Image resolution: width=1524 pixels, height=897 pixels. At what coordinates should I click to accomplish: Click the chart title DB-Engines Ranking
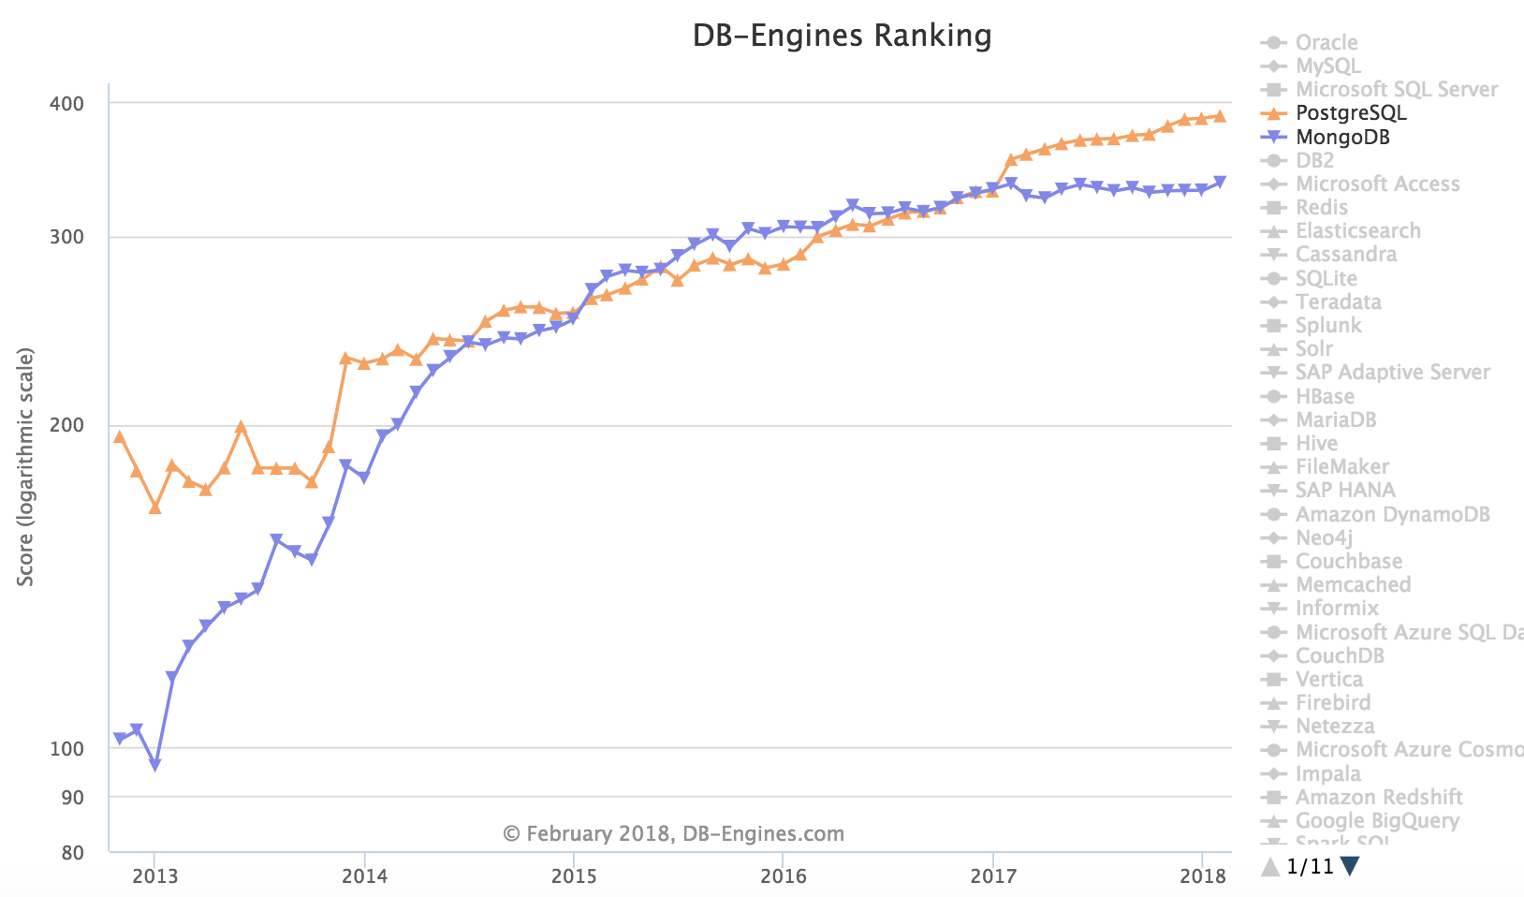[x=842, y=36]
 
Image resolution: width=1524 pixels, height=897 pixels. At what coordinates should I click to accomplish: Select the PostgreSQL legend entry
[x=1350, y=113]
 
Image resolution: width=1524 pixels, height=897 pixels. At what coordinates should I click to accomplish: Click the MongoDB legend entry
[x=1342, y=138]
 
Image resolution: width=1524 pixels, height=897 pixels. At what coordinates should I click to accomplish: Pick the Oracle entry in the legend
[x=1326, y=43]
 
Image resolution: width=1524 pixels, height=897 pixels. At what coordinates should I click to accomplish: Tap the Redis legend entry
[x=1321, y=208]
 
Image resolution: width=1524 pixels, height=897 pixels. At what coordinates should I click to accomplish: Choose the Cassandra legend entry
[x=1345, y=255]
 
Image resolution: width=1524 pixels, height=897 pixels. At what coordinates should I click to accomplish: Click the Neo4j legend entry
[x=1324, y=537]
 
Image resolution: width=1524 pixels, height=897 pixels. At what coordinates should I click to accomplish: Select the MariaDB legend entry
[x=1335, y=419]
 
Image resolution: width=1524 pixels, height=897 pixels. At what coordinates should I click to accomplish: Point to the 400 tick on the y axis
[x=66, y=103]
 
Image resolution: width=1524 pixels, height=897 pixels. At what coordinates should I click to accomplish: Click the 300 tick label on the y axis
[x=66, y=238]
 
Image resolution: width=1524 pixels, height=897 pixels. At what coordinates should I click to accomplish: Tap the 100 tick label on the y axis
[x=66, y=749]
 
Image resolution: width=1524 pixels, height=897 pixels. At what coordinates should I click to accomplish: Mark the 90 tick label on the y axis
[x=72, y=798]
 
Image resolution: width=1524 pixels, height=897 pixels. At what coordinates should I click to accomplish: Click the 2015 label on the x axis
[x=574, y=876]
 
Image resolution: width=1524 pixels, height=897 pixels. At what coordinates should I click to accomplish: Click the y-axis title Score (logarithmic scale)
[x=26, y=467]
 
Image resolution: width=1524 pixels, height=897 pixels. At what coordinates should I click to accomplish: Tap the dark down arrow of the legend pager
[x=1349, y=866]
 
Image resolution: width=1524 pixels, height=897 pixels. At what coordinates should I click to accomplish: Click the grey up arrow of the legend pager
[x=1270, y=866]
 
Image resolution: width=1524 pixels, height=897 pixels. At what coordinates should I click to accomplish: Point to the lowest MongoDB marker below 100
[x=154, y=765]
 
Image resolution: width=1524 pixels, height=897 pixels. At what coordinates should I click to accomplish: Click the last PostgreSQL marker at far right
[x=1220, y=116]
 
